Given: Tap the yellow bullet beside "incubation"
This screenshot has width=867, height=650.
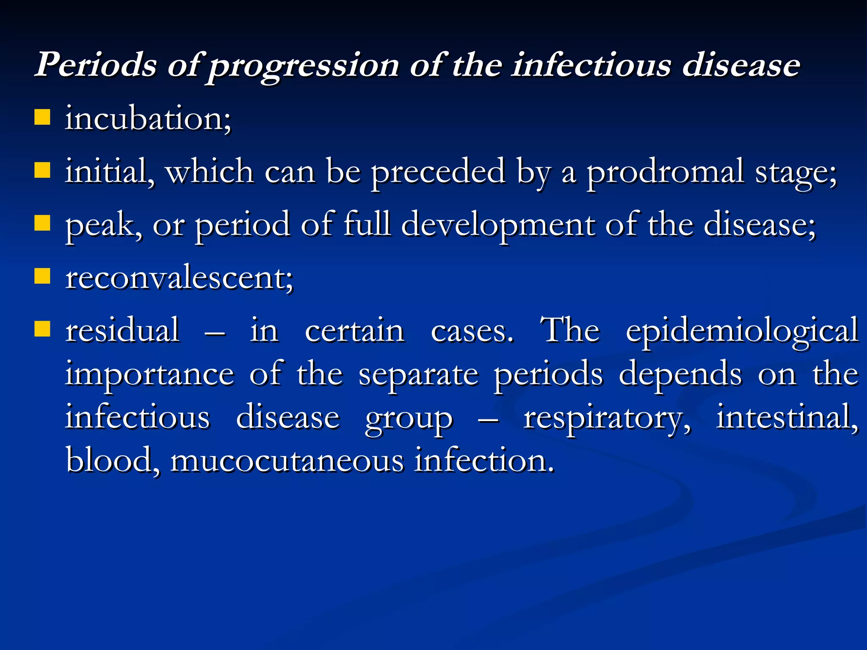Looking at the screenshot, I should (42, 117).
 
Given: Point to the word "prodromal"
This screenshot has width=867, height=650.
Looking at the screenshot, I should (665, 172).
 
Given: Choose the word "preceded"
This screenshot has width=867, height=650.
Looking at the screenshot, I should (438, 172).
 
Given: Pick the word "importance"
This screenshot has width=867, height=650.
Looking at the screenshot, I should (149, 374).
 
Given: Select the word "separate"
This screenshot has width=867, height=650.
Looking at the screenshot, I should (418, 375).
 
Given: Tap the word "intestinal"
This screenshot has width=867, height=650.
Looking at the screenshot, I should (787, 417).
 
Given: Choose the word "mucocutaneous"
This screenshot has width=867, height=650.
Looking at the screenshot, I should (287, 461).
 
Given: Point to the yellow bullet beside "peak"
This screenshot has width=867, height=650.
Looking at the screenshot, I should (42, 223).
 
